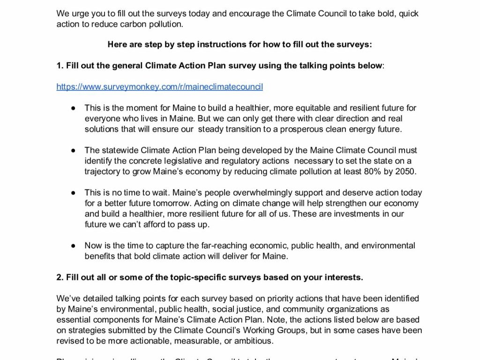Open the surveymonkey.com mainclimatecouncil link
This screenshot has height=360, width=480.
[159, 87]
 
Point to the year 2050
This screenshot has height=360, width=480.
[405, 172]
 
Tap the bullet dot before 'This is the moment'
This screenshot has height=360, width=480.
[73, 108]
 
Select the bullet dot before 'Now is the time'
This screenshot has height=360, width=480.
[73, 246]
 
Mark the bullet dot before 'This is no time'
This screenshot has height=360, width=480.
[73, 193]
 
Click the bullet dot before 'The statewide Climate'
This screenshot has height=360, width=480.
[73, 150]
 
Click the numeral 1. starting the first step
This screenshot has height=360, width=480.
[60, 66]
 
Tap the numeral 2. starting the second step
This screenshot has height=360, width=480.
[60, 277]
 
